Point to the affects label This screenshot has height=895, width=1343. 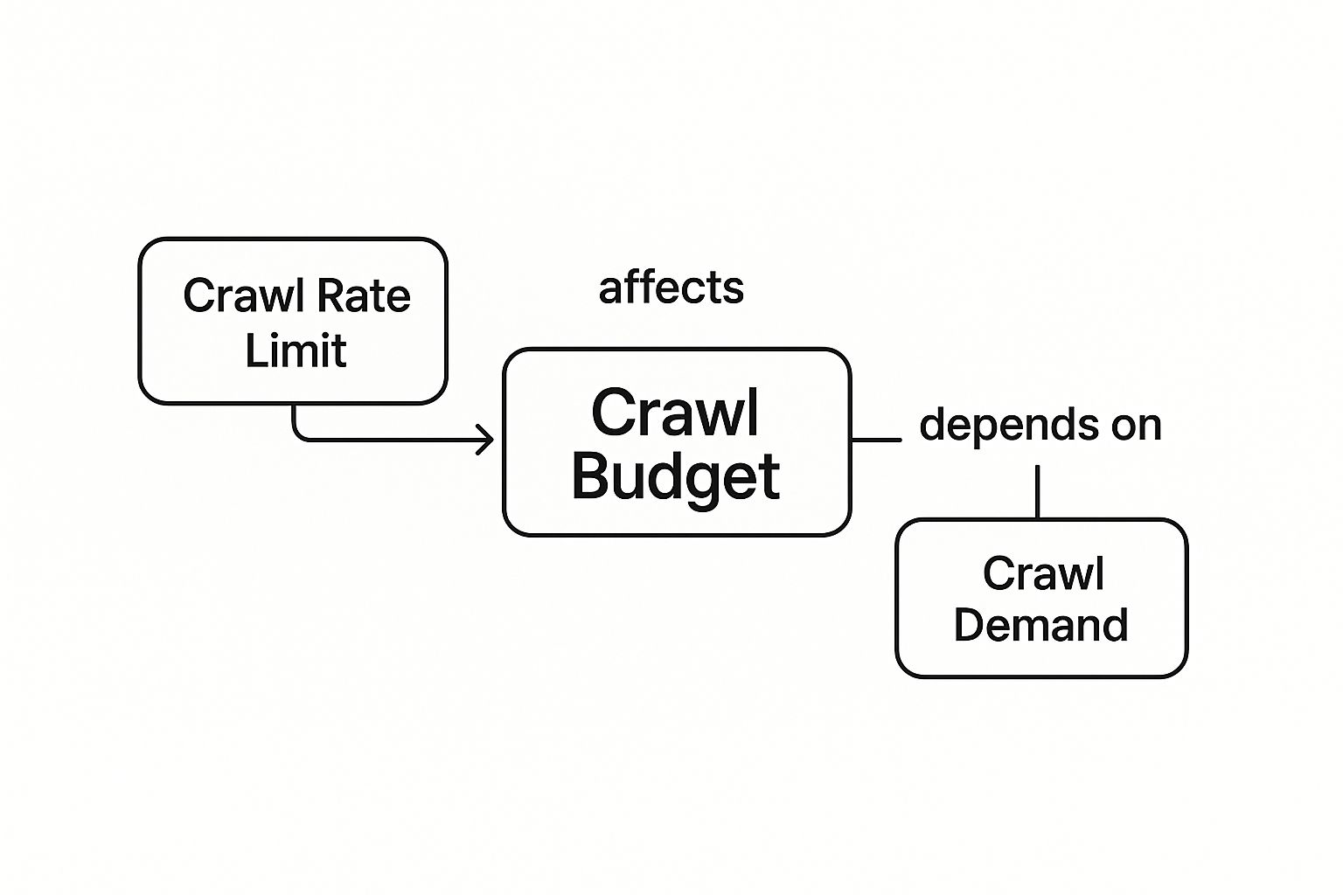pyautogui.click(x=671, y=288)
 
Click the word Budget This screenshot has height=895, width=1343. pyautogui.click(x=676, y=477)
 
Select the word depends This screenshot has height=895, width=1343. pyautogui.click(x=1009, y=426)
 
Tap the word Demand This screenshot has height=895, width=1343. pyautogui.click(x=1040, y=625)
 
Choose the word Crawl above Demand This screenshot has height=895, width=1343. pyautogui.click(x=1043, y=573)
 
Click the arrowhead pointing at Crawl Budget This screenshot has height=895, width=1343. pyautogui.click(x=486, y=439)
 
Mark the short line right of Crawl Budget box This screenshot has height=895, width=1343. pyautogui.click(x=876, y=440)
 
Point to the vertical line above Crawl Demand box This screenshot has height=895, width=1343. pyautogui.click(x=1038, y=491)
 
